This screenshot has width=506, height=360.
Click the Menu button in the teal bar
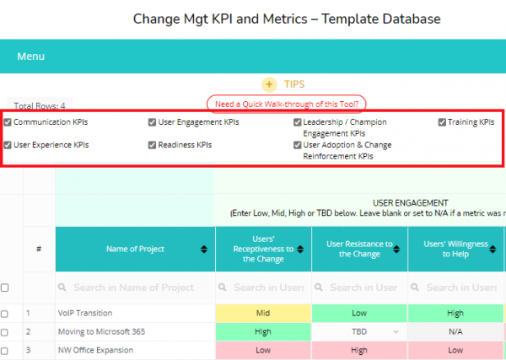point(31,56)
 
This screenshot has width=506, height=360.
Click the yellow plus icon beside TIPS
point(269,84)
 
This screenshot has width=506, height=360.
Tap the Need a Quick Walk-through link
point(286,105)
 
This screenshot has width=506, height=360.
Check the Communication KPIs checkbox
point(8,122)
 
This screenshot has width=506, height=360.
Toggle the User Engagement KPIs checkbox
point(153,122)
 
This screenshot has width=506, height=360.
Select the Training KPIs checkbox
point(441,122)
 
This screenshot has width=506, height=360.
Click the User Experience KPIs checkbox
point(8,145)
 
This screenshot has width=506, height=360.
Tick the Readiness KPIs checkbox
point(153,145)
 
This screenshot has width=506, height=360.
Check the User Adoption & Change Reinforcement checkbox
point(298,145)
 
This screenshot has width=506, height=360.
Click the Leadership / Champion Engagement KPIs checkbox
point(298,122)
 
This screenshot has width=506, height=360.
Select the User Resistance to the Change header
point(359,249)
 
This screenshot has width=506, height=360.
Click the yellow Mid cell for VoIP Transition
point(262,314)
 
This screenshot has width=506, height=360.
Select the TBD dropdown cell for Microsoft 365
point(359,332)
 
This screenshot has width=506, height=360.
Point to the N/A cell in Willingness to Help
point(455,332)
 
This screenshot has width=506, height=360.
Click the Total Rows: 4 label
point(40,106)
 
